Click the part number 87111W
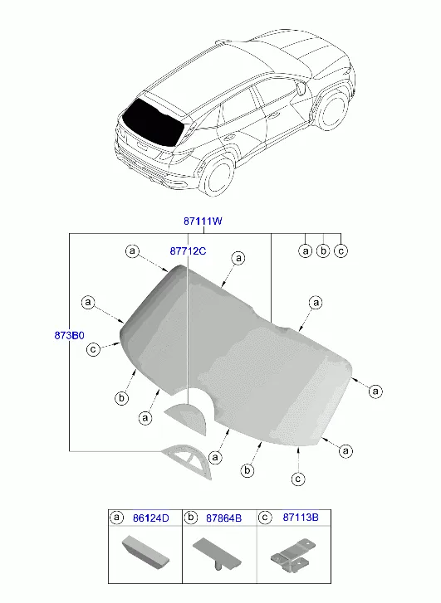coord(203,221)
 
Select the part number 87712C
coord(188,251)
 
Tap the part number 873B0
coord(69,335)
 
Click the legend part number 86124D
coord(151,518)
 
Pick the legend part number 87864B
coord(223,518)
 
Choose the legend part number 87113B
coord(301,518)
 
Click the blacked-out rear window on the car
coord(154,122)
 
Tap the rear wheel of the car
coord(218,176)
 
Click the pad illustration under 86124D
coord(145,552)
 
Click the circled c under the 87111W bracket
coord(341,251)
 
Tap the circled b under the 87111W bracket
coord(323,251)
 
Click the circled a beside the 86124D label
coord(117,518)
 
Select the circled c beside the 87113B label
coord(265,518)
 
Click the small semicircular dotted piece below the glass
coord(187,418)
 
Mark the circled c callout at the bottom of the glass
coord(297,479)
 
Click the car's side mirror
coord(301,89)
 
